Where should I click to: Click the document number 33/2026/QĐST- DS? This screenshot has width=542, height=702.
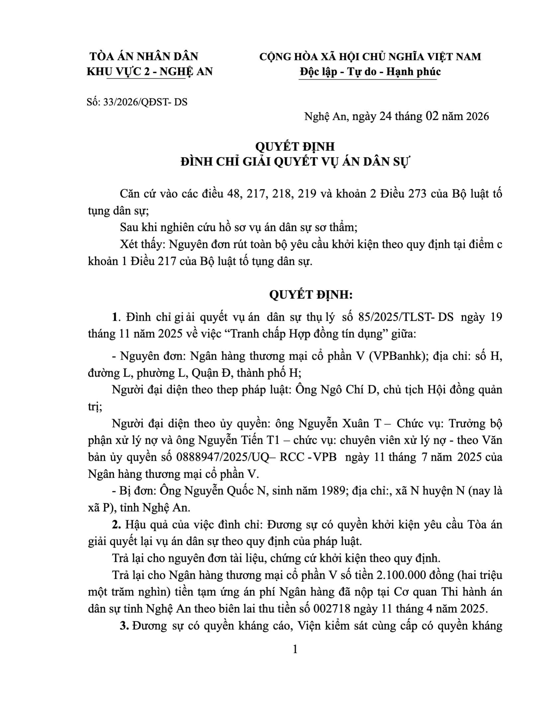tap(145, 102)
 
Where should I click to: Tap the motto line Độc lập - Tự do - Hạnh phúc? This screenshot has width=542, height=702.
tap(370, 71)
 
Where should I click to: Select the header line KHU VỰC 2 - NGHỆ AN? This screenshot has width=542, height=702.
tap(149, 71)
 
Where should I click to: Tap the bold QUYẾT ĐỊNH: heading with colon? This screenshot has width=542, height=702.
tap(311, 295)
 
